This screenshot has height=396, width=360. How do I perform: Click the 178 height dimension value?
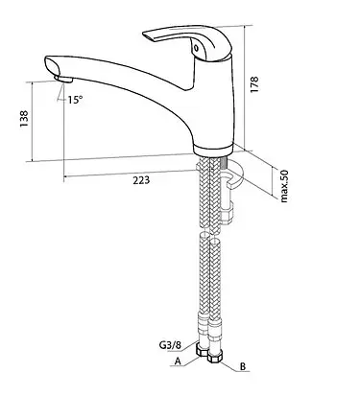pos(254,84)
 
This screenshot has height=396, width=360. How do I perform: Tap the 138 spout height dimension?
pos(24,119)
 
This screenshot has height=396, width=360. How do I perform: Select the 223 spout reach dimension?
pos(141,180)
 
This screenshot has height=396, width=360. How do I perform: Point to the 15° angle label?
pos(75,100)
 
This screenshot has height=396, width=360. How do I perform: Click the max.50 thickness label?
pos(284,186)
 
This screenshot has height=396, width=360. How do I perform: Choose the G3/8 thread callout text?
pos(170,345)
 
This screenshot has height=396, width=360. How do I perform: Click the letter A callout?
pos(179,361)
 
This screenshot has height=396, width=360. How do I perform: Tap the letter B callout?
pos(243,366)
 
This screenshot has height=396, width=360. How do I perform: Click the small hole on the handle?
pos(196,49)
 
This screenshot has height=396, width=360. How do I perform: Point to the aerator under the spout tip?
pos(62,79)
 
